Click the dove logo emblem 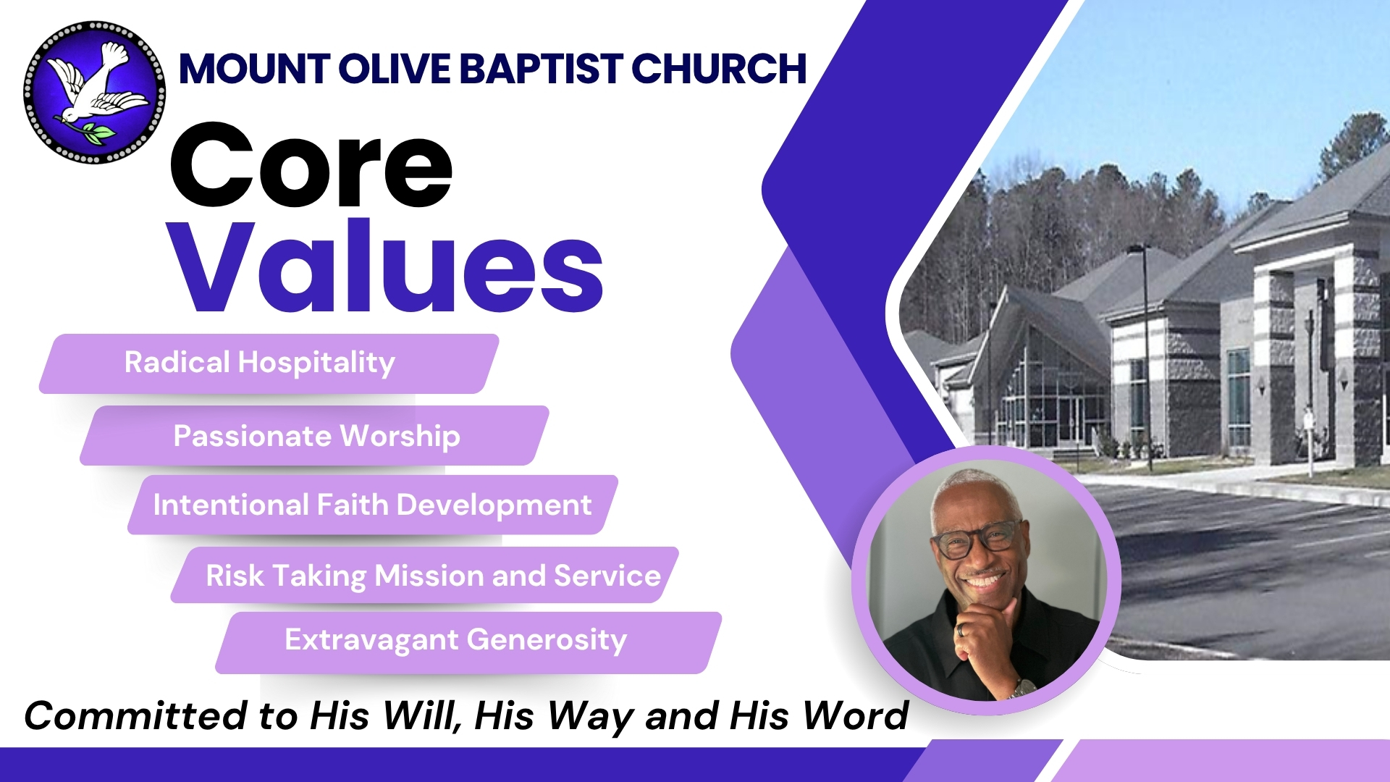(x=94, y=92)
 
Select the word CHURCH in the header (x=718, y=69)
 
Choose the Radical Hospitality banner (x=269, y=363)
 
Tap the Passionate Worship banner (x=314, y=435)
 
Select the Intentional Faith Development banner (x=373, y=505)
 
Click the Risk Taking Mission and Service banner (x=425, y=575)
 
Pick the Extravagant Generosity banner (x=468, y=642)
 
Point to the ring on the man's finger (x=960, y=630)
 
